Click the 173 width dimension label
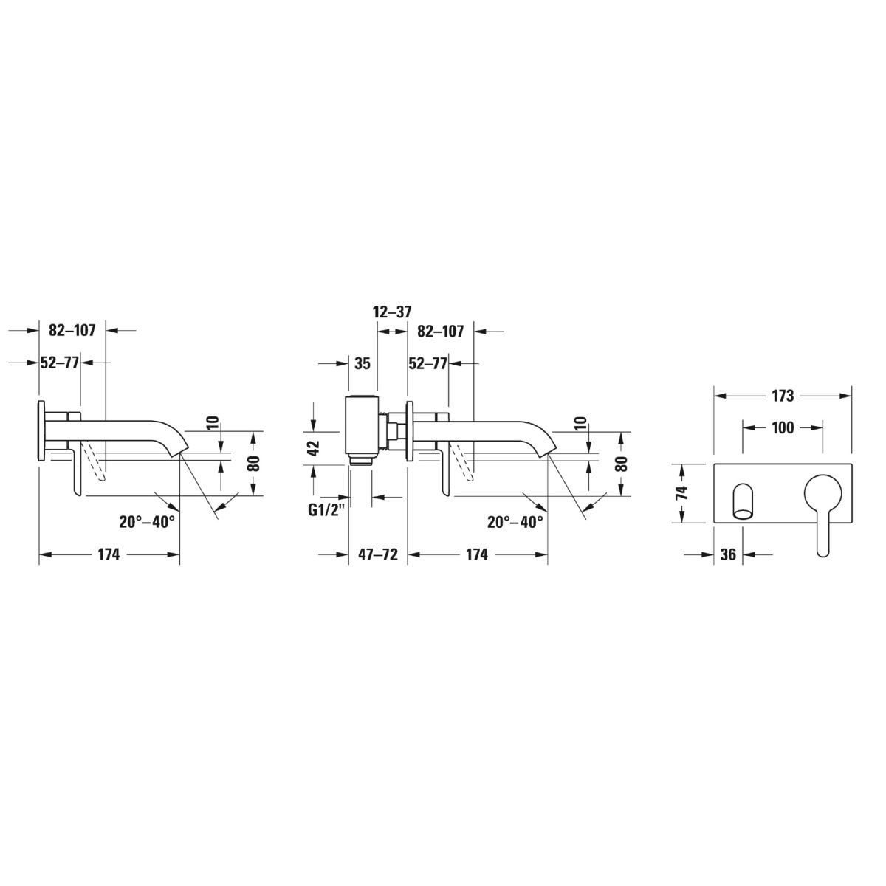click(782, 396)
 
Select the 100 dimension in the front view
click(783, 428)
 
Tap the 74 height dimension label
click(683, 493)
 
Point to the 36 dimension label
click(728, 554)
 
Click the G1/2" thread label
click(326, 510)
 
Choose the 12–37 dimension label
click(392, 312)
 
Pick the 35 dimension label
click(363, 364)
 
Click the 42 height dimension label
click(314, 448)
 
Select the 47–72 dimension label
click(378, 554)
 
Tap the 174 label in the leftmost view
click(109, 554)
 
